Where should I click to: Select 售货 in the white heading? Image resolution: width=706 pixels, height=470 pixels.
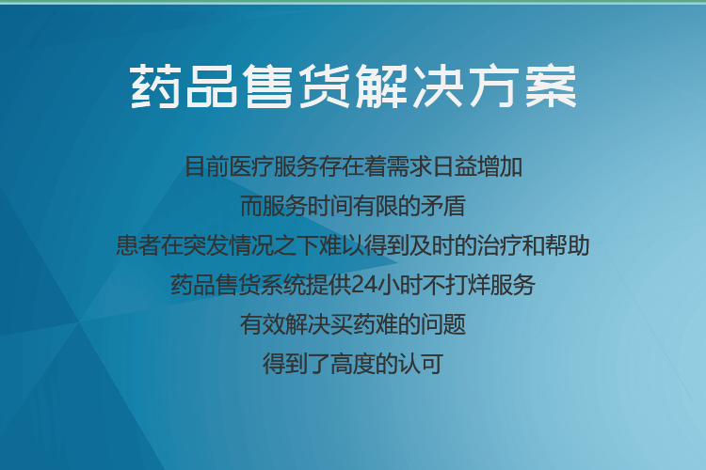[x=297, y=86]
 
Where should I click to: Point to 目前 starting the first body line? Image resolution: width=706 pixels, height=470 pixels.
[x=207, y=166]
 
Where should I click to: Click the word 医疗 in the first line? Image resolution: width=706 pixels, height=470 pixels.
[x=251, y=166]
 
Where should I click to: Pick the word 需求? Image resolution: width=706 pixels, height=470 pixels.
[x=409, y=166]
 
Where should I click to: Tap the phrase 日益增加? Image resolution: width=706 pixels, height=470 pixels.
[x=477, y=166]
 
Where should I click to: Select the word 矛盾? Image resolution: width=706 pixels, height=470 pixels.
[x=443, y=206]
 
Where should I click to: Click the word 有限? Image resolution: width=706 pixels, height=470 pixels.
[x=376, y=206]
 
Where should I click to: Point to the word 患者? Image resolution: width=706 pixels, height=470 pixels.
[x=138, y=245]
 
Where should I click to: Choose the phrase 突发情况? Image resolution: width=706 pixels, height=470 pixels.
[x=229, y=245]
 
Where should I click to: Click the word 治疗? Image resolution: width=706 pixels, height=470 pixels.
[x=499, y=245]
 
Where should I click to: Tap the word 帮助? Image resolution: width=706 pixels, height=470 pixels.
[x=567, y=245]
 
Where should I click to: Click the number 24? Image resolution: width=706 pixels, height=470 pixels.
[x=363, y=285]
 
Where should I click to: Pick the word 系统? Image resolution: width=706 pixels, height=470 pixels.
[x=282, y=285]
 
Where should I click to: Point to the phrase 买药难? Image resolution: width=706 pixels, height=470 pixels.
[x=364, y=324]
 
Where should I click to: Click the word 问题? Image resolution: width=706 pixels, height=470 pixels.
[x=443, y=324]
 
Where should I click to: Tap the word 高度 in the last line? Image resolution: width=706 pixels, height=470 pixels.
[x=353, y=364]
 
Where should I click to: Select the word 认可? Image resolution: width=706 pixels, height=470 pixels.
[x=421, y=364]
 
